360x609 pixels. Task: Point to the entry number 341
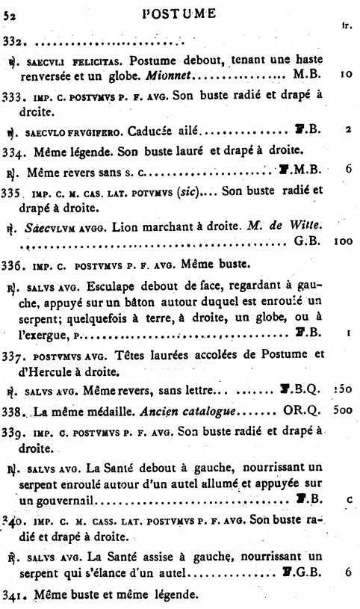click(x=13, y=597)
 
